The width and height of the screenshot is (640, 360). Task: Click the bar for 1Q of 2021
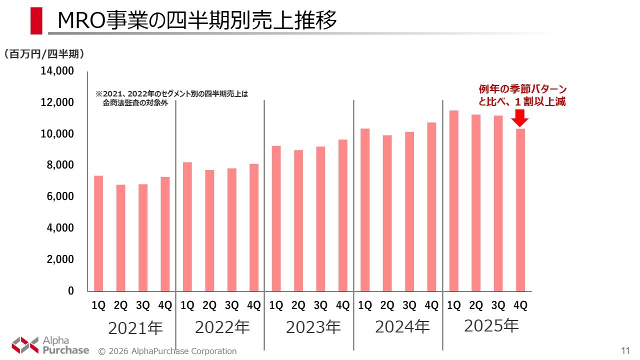click(98, 233)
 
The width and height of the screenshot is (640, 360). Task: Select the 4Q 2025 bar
click(520, 210)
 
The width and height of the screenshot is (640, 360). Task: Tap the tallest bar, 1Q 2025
click(453, 200)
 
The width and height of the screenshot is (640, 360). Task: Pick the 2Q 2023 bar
click(298, 220)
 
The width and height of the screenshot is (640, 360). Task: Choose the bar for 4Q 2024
click(431, 206)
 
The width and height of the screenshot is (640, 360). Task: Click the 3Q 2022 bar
click(232, 229)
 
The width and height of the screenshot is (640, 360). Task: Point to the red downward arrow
click(520, 118)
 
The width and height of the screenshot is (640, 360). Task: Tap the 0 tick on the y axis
click(70, 291)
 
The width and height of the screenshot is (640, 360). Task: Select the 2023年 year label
click(313, 327)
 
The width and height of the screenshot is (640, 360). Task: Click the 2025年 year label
click(491, 326)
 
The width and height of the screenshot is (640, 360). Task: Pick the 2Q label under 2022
click(209, 305)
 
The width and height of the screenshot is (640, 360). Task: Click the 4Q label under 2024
click(431, 305)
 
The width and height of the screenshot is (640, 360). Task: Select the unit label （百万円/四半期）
click(43, 53)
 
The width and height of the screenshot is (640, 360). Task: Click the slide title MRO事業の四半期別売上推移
click(197, 21)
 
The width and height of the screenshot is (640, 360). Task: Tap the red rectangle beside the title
click(36, 21)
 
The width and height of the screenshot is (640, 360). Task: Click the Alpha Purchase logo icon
click(25, 344)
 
